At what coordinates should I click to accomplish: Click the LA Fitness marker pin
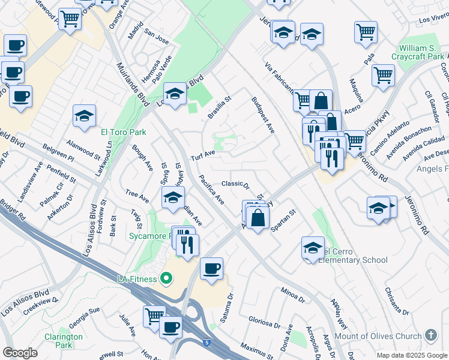pyautogui.click(x=167, y=278)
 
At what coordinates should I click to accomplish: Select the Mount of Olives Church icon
pyautogui.click(x=430, y=335)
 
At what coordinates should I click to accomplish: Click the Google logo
pyautogui.click(x=20, y=352)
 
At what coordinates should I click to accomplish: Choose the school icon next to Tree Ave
pyautogui.click(x=173, y=199)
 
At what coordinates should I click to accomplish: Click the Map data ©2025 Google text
pyautogui.click(x=410, y=355)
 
